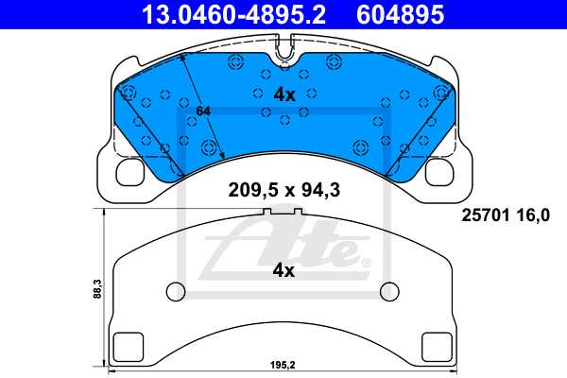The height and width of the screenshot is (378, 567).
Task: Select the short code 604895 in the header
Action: click(x=401, y=14)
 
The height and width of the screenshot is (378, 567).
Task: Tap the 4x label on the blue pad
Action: click(x=284, y=94)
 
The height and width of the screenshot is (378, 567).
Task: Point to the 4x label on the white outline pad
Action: click(x=283, y=270)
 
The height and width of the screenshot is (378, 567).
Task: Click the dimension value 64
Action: click(x=202, y=112)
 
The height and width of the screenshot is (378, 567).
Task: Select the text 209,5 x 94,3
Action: click(x=283, y=189)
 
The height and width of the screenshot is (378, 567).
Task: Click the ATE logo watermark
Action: click(x=283, y=248)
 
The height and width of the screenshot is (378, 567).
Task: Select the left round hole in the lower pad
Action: click(x=175, y=289)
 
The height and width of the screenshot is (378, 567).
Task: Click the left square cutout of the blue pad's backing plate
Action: click(x=130, y=172)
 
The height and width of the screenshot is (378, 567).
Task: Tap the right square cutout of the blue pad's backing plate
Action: click(x=438, y=172)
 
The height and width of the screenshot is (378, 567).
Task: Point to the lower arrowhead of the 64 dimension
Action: click(x=221, y=156)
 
